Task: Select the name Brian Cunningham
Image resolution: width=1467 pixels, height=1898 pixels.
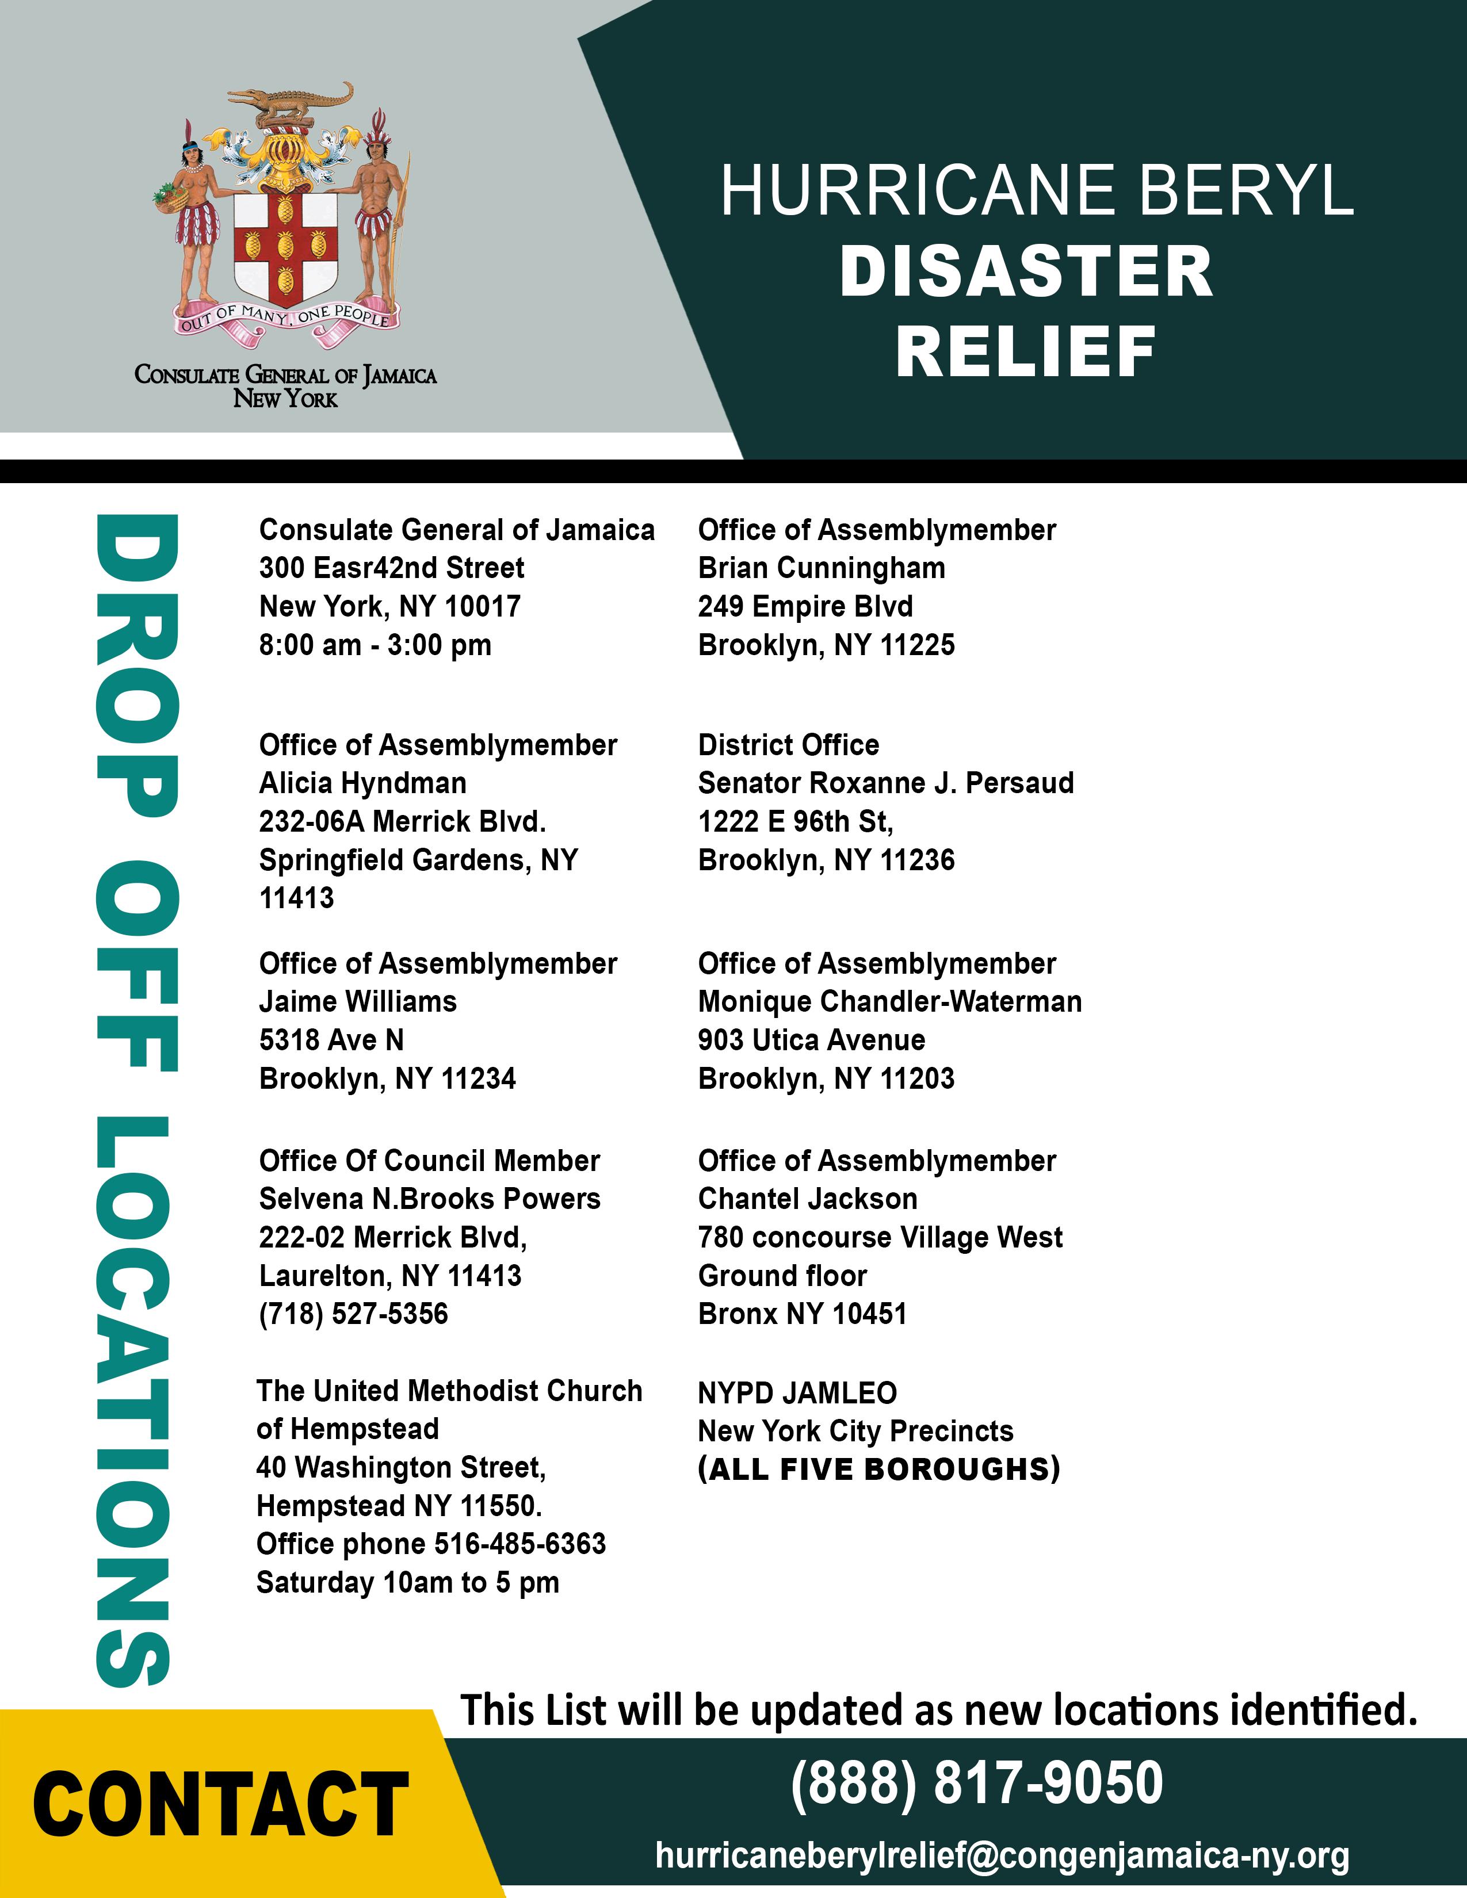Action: point(822,568)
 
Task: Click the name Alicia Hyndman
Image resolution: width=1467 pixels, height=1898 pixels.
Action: point(362,783)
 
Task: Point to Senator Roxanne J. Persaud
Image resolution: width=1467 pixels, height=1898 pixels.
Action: point(885,783)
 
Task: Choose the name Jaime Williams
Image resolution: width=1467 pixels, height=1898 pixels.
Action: point(357,1001)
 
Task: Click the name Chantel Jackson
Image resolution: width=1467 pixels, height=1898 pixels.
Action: point(807,1199)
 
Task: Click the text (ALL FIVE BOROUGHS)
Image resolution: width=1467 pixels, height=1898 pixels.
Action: point(878,1469)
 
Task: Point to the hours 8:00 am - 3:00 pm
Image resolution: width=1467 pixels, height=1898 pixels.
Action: point(376,645)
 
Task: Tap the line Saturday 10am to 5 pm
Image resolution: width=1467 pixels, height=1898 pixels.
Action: point(408,1582)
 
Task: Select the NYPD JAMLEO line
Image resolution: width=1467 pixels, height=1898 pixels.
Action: point(797,1392)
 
